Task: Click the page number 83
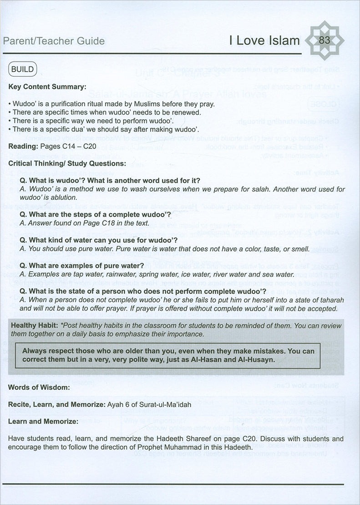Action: [x=324, y=40]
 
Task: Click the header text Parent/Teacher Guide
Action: [x=54, y=41]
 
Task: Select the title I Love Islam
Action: [x=264, y=40]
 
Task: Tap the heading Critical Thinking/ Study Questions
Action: [x=66, y=163]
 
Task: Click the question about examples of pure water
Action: [x=82, y=266]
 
